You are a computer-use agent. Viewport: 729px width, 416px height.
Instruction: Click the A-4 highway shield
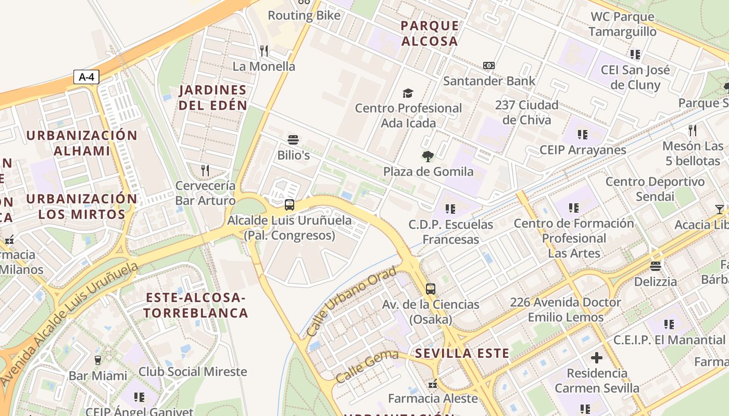pos(86,77)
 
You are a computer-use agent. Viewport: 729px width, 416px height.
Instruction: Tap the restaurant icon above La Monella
pos(264,50)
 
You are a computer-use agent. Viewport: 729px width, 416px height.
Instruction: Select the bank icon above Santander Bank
pos(488,66)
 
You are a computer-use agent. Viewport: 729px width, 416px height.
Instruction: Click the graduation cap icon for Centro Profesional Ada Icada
pos(408,93)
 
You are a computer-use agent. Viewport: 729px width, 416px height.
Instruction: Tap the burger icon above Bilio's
pos(293,140)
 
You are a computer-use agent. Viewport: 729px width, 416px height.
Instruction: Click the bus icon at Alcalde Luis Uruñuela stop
pos(290,205)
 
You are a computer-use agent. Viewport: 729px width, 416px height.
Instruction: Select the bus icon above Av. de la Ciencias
pos(430,289)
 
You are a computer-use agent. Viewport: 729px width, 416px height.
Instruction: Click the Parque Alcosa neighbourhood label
pos(430,33)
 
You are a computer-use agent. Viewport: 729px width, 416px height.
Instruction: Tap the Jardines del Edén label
pos(212,97)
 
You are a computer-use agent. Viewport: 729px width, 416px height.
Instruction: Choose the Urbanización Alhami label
pos(82,143)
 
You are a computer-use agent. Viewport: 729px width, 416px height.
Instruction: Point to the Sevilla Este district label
pos(462,354)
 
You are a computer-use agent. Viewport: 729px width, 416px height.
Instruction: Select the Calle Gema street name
pos(367,366)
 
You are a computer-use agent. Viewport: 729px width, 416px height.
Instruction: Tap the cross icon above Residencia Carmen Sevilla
pos(597,358)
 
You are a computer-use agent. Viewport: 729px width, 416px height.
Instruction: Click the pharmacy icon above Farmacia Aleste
pos(432,384)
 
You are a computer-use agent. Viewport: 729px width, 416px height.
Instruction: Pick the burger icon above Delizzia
pos(656,266)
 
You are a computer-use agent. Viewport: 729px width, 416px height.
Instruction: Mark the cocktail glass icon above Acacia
pos(720,209)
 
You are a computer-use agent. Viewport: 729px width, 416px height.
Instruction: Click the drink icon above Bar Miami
pos(97,360)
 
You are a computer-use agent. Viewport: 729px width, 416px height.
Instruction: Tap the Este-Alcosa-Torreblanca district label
pos(196,305)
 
